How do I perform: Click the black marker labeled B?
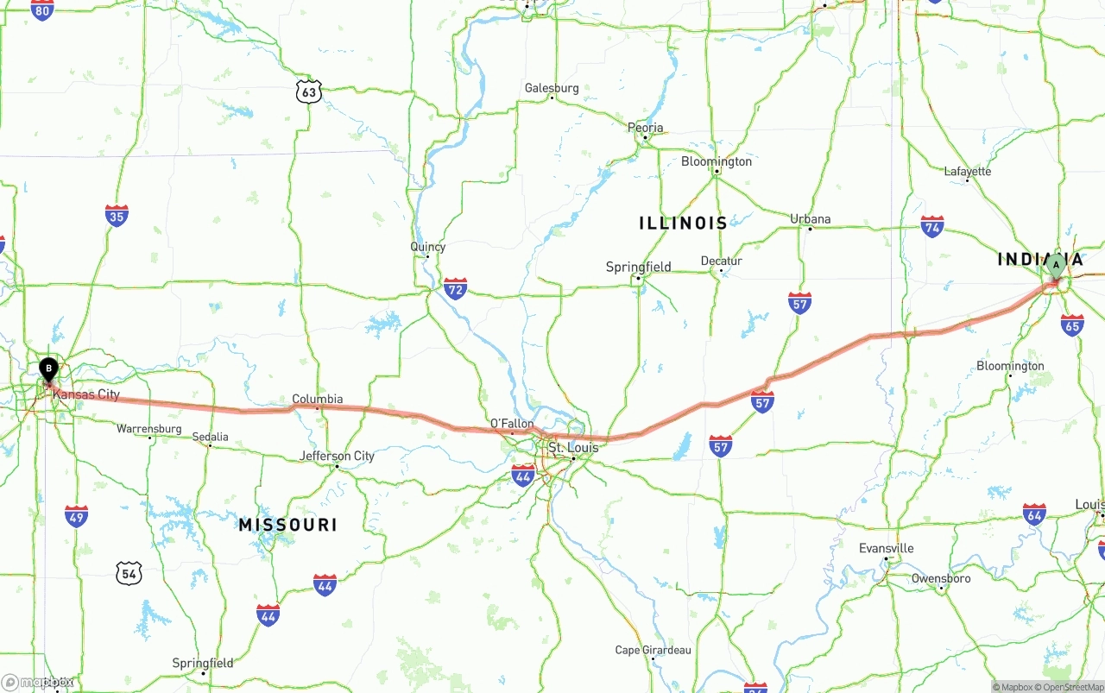[x=48, y=369]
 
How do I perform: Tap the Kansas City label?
[x=85, y=394]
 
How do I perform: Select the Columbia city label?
[x=317, y=399]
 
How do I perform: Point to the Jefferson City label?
[x=337, y=456]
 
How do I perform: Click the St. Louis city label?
[x=573, y=448]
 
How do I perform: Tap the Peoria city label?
[x=646, y=128]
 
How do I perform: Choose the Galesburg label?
[x=552, y=88]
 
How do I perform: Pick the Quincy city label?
[x=427, y=247]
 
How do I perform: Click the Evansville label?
[x=886, y=548]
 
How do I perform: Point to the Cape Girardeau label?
[x=653, y=650]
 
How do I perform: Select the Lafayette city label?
[x=967, y=171]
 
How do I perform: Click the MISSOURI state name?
[x=287, y=525]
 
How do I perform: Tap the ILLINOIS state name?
[x=683, y=223]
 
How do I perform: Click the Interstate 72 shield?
[x=455, y=288]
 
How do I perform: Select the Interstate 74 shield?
[x=931, y=227]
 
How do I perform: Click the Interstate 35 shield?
[x=117, y=215]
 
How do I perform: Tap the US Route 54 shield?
[x=129, y=571]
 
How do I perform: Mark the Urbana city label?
[x=810, y=219]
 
